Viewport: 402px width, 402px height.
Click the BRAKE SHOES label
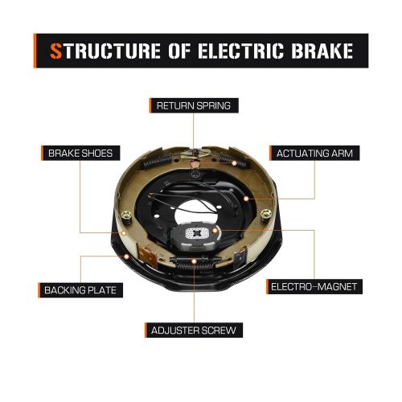pyautogui.click(x=84, y=152)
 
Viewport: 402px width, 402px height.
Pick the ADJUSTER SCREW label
pyautogui.click(x=193, y=330)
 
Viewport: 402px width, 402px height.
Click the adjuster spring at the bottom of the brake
pyautogui.click(x=192, y=260)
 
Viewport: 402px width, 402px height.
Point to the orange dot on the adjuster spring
pyautogui.click(x=192, y=262)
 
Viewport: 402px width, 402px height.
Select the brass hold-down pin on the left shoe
pyautogui.click(x=127, y=215)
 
